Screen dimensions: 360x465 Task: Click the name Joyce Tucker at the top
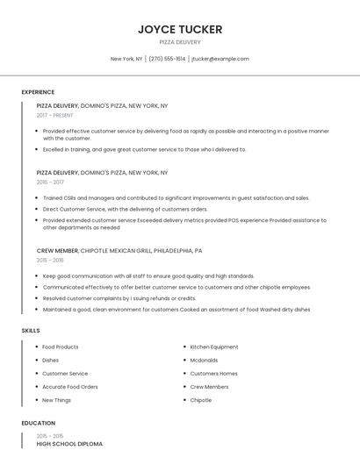pyautogui.click(x=180, y=29)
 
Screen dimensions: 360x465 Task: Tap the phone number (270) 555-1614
pyautogui.click(x=167, y=59)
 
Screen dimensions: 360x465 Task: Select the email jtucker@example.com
pyautogui.click(x=220, y=59)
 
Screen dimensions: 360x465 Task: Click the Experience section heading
pyautogui.click(x=38, y=92)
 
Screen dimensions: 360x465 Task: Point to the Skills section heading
pyautogui.click(x=31, y=330)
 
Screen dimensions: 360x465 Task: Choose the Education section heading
pyautogui.click(x=37, y=423)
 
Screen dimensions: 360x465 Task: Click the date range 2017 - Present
pyautogui.click(x=56, y=115)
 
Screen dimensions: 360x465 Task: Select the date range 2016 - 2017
pyautogui.click(x=50, y=182)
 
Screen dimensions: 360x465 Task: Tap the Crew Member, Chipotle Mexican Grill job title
pyautogui.click(x=119, y=250)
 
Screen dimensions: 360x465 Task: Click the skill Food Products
pyautogui.click(x=61, y=347)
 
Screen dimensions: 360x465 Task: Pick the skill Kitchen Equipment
pyautogui.click(x=214, y=347)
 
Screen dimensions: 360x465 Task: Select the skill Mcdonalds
pyautogui.click(x=205, y=360)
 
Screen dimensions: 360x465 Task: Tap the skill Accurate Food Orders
pyautogui.click(x=70, y=387)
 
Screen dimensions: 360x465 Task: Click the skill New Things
pyautogui.click(x=57, y=400)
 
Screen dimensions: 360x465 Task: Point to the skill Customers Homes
pyautogui.click(x=214, y=374)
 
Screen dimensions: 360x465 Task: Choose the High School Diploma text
pyautogui.click(x=69, y=444)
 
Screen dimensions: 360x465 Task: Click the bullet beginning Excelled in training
pyautogui.click(x=145, y=149)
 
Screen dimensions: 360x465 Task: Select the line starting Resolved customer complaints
pyautogui.click(x=119, y=298)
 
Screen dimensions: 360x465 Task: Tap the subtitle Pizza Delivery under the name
pyautogui.click(x=180, y=42)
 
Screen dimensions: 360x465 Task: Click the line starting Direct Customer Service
pyautogui.click(x=126, y=209)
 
